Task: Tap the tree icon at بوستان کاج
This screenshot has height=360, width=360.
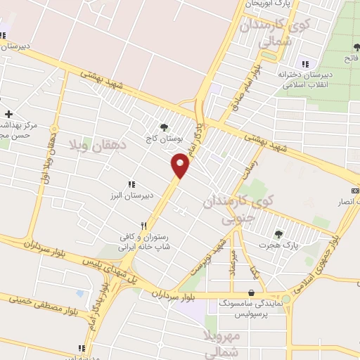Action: point(164,127)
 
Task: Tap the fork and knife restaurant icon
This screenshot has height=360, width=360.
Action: point(143,226)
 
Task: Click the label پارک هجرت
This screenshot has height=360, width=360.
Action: point(285,245)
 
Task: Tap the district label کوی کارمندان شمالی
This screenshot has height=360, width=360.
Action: point(265,34)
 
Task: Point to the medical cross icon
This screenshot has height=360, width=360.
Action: point(8,114)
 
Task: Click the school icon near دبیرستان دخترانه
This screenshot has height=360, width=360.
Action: point(304,63)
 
